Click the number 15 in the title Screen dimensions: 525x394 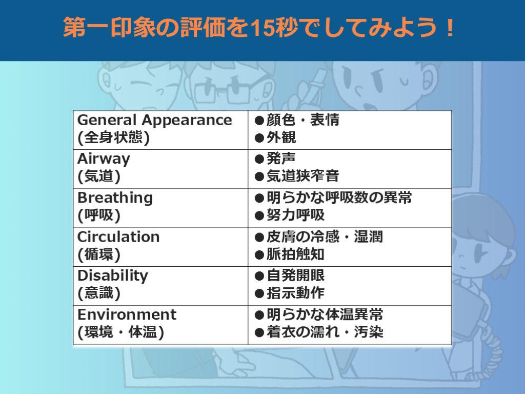pos(262,28)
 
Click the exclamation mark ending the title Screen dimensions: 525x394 pos(450,28)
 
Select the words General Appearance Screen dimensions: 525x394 pos(155,121)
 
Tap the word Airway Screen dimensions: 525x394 pos(104,159)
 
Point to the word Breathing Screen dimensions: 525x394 pos(115,198)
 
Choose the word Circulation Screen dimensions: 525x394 pos(118,237)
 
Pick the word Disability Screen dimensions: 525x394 pos(113,275)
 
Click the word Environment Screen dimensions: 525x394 pos(127,314)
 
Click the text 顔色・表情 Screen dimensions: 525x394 pos(302,120)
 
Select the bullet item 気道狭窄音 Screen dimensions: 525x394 pos(302,176)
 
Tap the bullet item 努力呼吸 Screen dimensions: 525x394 pos(295,215)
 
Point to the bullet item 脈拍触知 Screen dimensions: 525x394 pos(295,254)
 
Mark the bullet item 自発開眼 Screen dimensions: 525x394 pos(295,275)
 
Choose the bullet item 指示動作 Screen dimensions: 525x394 pos(295,293)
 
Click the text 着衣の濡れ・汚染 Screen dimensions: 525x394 pos(325,332)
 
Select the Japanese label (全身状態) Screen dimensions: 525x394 pos(113,137)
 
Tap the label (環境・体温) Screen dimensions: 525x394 pos(121,332)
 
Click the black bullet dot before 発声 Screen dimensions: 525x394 pos(259,159)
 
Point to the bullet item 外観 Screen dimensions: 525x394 pos(281,137)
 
